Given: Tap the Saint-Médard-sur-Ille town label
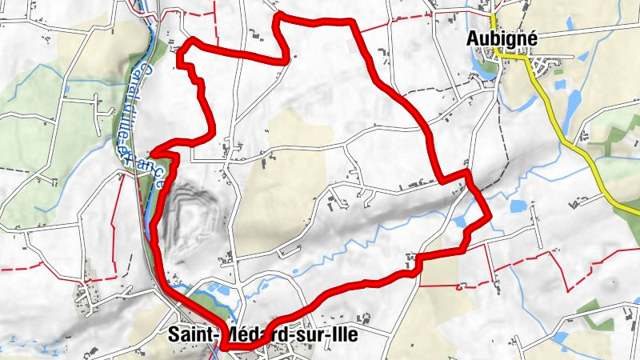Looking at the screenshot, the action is click(x=263, y=336).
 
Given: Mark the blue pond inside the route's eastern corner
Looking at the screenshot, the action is click(x=464, y=220).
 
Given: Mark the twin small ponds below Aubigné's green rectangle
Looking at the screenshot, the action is click(x=559, y=83).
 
